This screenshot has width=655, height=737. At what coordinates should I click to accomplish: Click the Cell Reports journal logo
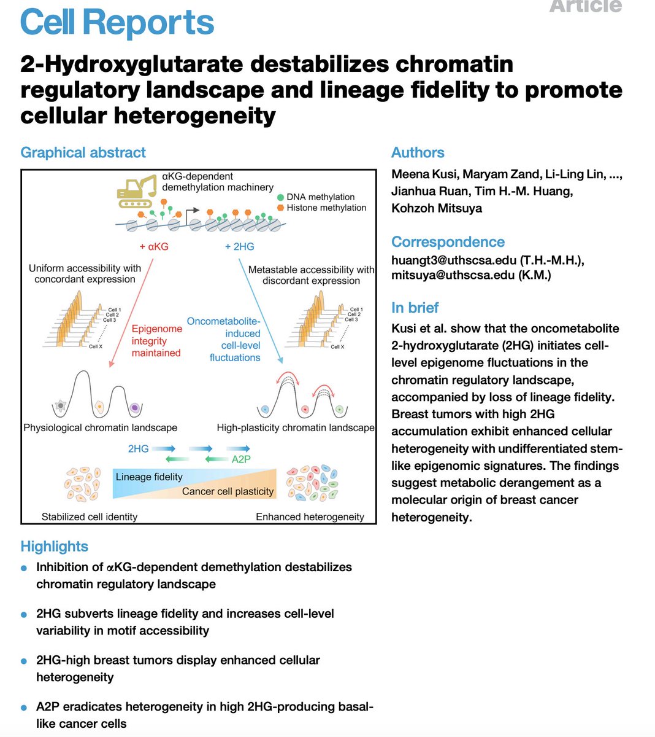tap(117, 23)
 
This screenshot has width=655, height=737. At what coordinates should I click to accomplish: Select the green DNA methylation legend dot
tap(280, 197)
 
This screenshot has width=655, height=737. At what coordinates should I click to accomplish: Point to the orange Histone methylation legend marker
tap(280, 208)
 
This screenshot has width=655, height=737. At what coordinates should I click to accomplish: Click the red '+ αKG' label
tap(154, 247)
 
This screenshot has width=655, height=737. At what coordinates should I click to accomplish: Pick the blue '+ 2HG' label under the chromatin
tap(239, 247)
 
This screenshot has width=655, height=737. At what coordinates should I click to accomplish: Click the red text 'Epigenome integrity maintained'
tap(156, 341)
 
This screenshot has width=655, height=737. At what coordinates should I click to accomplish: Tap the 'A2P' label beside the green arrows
tap(241, 458)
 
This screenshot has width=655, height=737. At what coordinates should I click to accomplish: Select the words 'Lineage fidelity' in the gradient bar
tap(149, 477)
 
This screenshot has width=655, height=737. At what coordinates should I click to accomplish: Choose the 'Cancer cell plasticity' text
tap(228, 491)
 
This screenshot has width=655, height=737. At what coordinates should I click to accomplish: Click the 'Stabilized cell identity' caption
tap(90, 517)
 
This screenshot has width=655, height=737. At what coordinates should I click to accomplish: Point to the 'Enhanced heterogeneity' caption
tap(310, 517)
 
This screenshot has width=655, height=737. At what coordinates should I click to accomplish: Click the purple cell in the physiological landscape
tap(135, 407)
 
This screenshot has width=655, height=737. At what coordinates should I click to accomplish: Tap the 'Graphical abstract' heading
tap(83, 152)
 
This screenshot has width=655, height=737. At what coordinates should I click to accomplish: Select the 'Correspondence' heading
tap(448, 242)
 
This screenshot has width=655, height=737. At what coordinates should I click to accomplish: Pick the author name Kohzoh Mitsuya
tap(437, 208)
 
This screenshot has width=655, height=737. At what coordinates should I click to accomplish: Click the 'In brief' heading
tap(415, 308)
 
